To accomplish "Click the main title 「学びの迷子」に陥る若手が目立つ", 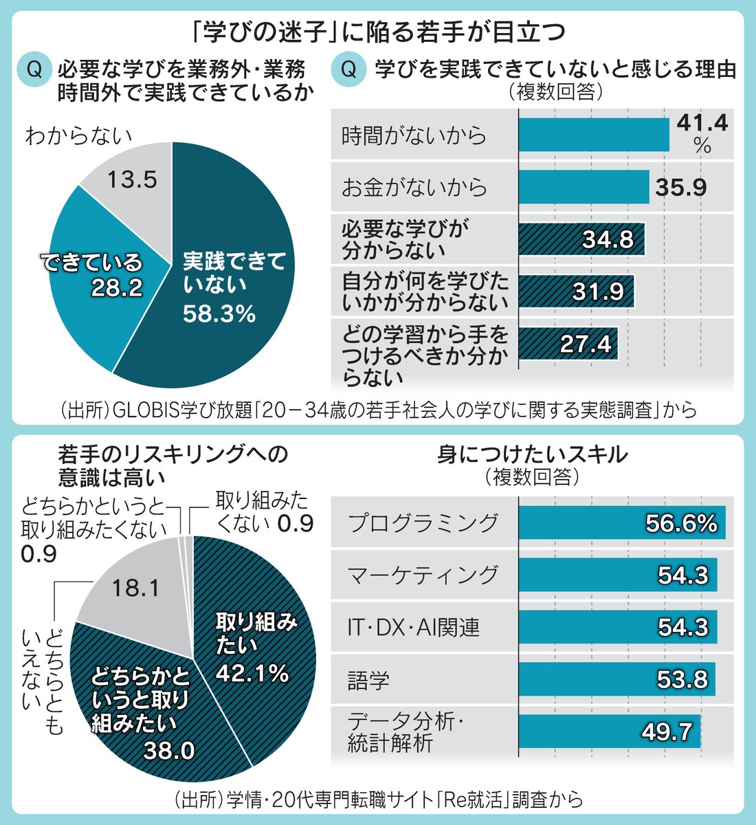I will click(x=378, y=32).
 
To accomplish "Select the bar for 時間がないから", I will click(x=593, y=135).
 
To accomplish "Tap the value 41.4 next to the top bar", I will click(x=701, y=123).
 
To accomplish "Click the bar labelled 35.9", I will click(x=583, y=187).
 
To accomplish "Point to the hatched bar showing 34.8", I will click(x=581, y=239).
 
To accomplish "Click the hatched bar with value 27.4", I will click(x=568, y=344).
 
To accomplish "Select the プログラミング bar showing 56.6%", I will click(x=621, y=523).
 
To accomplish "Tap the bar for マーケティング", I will click(x=617, y=575).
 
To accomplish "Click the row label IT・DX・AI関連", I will click(x=413, y=628).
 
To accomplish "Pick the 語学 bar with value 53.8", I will click(x=616, y=679).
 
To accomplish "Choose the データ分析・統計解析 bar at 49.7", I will click(x=609, y=731).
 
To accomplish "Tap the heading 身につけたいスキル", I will click(x=532, y=454).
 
